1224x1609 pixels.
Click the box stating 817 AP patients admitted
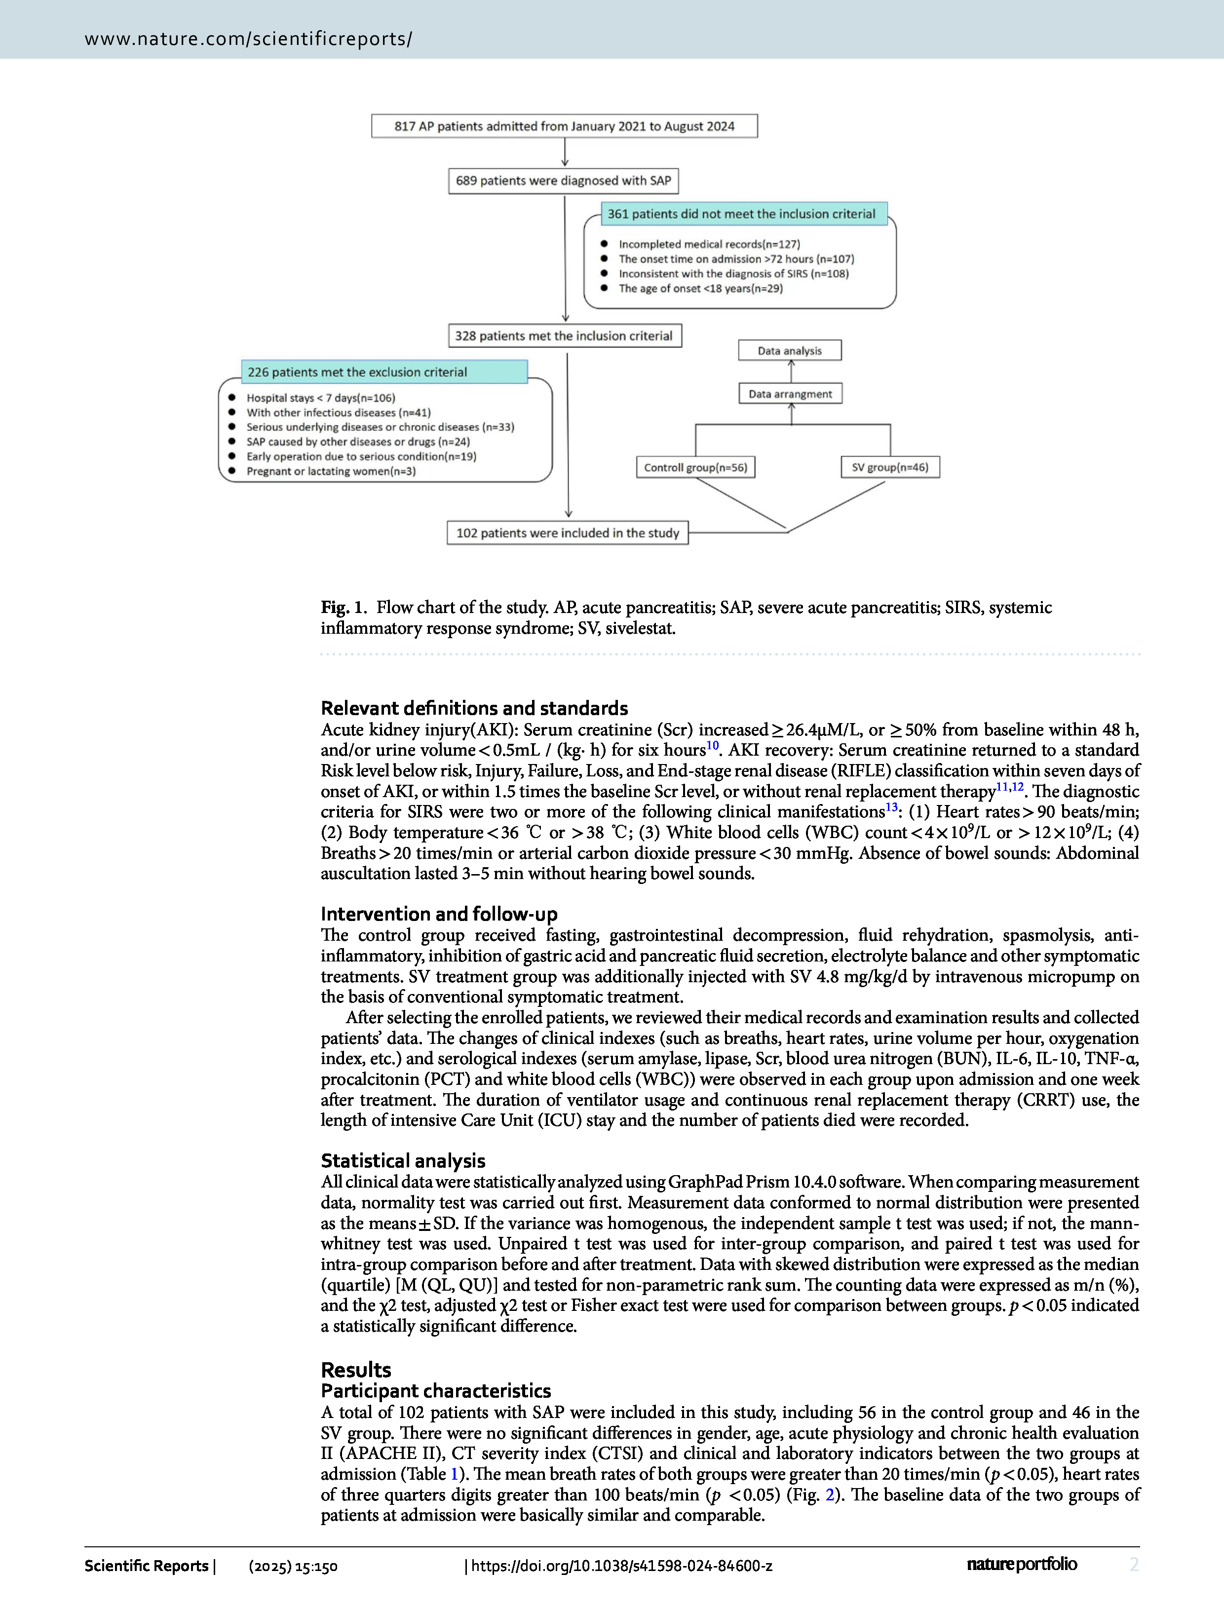pos(564,126)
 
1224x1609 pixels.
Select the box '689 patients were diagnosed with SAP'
pos(563,181)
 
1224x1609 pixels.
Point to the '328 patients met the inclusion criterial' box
pos(564,336)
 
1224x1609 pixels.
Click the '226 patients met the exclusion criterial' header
pos(357,372)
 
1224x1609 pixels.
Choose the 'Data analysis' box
pos(789,350)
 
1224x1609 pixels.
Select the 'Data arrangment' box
pos(790,394)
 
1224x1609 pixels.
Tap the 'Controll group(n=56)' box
pos(695,467)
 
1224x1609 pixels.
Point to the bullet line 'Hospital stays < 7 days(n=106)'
pos(321,398)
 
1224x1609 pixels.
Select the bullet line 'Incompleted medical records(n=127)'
pos(709,244)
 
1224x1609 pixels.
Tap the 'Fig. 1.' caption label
pos(344,608)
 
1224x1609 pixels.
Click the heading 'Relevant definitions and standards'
pos(474,708)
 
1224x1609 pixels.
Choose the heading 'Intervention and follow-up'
pos(439,914)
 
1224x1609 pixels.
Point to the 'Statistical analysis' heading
pos(403,1161)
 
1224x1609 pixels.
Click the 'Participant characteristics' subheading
pos(436,1390)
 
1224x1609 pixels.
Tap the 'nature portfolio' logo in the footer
pos(1022,1565)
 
